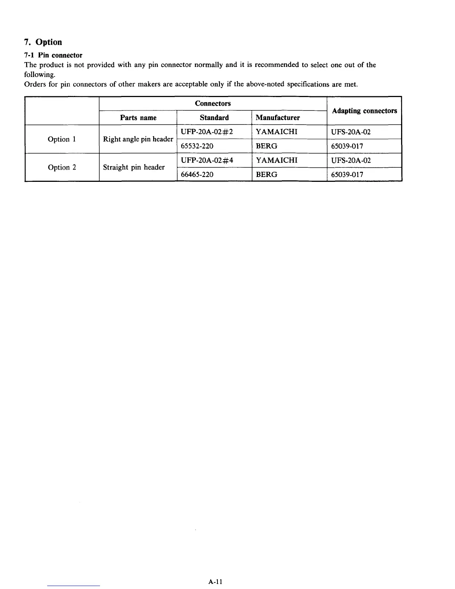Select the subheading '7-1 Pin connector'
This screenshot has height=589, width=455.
53,55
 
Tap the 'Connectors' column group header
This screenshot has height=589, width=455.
213,103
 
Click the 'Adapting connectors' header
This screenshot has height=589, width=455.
364,111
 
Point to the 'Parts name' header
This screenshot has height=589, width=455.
138,118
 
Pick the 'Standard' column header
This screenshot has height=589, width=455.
214,118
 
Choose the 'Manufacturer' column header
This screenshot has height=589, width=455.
278,118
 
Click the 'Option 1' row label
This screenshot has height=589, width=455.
62,139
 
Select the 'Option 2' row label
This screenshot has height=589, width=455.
62,167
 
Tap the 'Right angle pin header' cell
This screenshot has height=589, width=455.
138,139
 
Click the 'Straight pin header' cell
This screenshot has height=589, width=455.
134,167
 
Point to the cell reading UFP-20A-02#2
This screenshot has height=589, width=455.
207,132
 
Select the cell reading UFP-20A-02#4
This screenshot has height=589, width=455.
207,161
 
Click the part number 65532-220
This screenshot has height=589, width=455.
197,146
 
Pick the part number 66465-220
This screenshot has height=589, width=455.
197,174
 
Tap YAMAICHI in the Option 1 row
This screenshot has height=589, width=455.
277,132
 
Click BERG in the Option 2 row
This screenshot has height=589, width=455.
267,174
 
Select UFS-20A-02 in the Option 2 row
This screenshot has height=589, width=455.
351,161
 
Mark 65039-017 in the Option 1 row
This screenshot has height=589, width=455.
347,146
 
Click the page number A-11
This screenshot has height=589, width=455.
215,582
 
